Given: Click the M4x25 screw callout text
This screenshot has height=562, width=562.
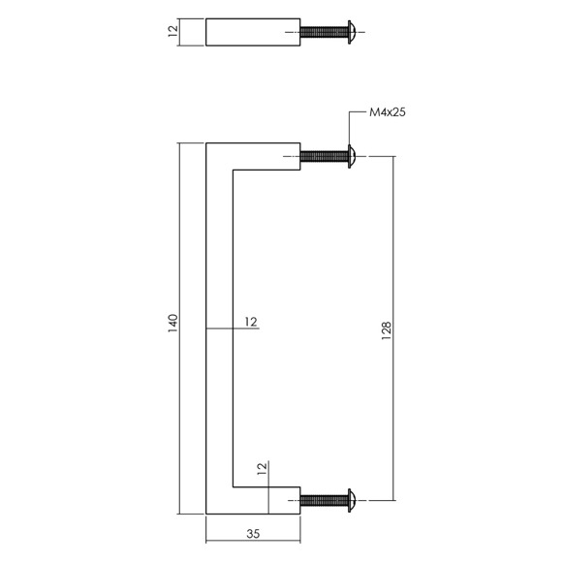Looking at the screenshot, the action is (x=388, y=112).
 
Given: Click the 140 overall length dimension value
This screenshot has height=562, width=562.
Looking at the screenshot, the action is (x=173, y=323).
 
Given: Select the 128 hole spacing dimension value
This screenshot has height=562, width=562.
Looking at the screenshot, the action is (x=387, y=330).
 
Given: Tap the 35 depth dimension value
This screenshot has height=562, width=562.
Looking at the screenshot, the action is (x=253, y=534).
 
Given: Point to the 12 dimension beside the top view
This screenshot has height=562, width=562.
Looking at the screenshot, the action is (x=172, y=31).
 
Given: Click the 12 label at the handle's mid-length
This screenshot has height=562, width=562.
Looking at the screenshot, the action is (x=251, y=322).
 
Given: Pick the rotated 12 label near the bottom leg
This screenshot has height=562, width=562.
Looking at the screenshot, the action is (x=262, y=469).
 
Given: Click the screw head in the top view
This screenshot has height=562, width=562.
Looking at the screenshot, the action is (x=351, y=32).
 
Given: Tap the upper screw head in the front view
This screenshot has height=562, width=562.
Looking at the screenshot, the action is (x=351, y=156).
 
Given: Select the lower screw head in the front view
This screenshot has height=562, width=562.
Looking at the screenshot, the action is (x=351, y=500).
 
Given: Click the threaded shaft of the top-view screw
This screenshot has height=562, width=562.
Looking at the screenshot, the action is (x=324, y=32).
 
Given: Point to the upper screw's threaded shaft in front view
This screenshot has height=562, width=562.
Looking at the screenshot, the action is (x=324, y=156).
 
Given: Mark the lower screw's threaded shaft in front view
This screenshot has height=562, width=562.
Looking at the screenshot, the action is (x=324, y=500).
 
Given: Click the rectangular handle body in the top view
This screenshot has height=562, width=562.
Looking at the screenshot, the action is (x=253, y=32).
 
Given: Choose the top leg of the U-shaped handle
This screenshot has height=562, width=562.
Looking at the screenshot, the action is (x=253, y=156).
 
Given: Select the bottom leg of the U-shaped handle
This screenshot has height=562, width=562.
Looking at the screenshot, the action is (x=253, y=500).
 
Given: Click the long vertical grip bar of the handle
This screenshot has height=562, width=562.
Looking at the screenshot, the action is (x=219, y=328).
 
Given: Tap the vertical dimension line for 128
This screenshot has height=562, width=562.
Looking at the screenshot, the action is (x=394, y=328).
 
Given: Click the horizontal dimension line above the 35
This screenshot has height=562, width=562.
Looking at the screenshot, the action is (x=253, y=541).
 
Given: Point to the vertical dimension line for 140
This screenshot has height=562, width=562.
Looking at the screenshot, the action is (x=179, y=328).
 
